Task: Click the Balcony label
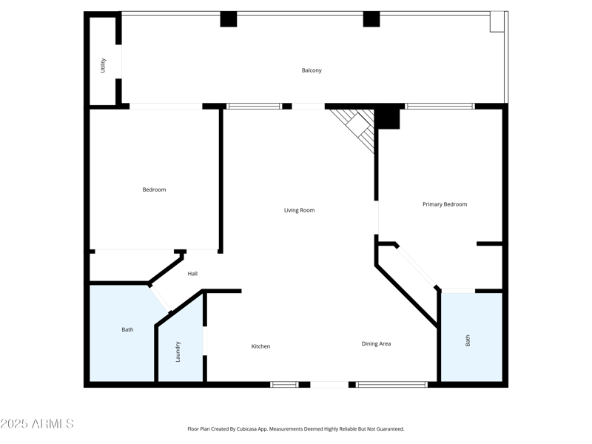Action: tap(312, 70)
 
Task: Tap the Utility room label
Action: tap(103, 65)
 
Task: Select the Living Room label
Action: tap(299, 210)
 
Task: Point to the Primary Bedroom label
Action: tap(444, 204)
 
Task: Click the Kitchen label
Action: tap(260, 346)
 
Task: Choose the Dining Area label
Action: tap(376, 343)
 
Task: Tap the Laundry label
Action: tap(178, 351)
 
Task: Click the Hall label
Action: tap(192, 274)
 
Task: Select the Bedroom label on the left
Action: tap(154, 189)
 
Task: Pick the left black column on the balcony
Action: tap(228, 19)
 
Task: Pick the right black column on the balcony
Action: tap(371, 19)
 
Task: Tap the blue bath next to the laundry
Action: tap(122, 333)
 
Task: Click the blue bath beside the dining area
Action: tap(471, 337)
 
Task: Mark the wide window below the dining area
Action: tap(391, 384)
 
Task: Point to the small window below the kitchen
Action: tap(283, 384)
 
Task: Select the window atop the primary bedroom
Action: tap(440, 107)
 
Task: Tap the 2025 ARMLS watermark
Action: tap(37, 424)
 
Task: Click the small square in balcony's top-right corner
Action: tap(497, 21)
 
